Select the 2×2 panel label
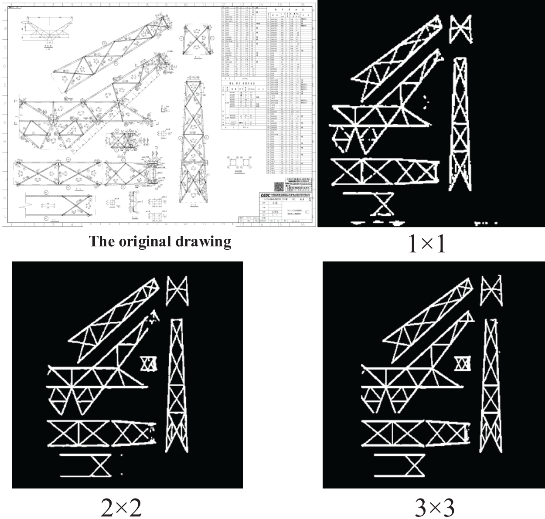(x=121, y=507)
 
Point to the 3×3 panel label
(x=434, y=507)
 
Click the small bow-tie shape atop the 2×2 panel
(x=177, y=290)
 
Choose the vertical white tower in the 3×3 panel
(x=491, y=388)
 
